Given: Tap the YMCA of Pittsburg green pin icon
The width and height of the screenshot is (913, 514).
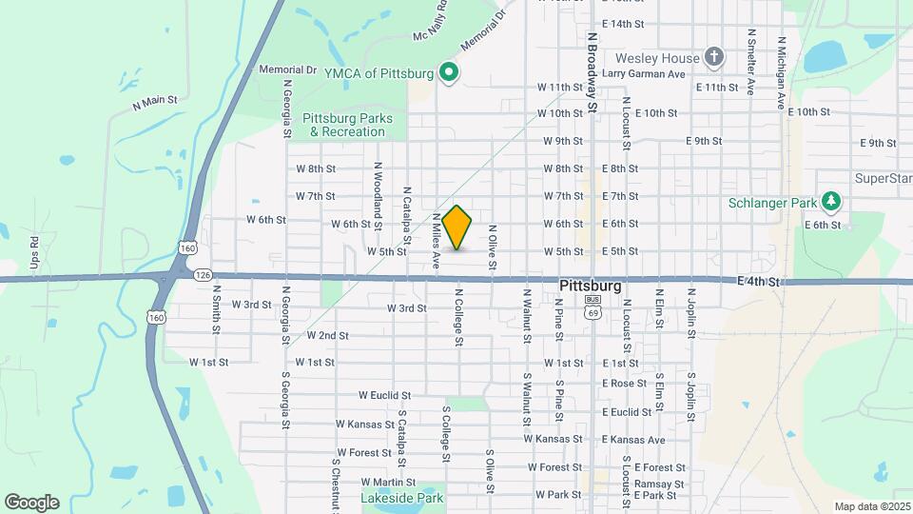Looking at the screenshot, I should click(449, 73).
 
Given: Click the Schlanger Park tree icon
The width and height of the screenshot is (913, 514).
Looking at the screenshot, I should click(832, 202).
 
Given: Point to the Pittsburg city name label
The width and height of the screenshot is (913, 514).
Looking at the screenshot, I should click(591, 286).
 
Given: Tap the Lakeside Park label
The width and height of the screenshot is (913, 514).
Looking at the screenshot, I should click(402, 498).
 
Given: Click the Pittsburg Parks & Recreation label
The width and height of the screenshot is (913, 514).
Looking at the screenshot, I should click(340, 125).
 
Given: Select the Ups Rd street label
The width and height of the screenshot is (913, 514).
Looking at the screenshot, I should click(35, 252).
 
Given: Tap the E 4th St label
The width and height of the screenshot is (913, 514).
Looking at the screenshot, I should click(758, 283).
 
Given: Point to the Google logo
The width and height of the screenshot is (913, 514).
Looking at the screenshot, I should click(31, 503).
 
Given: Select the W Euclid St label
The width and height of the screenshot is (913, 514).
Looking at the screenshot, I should click(384, 395).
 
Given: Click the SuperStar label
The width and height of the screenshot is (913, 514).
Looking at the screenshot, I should click(883, 178).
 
